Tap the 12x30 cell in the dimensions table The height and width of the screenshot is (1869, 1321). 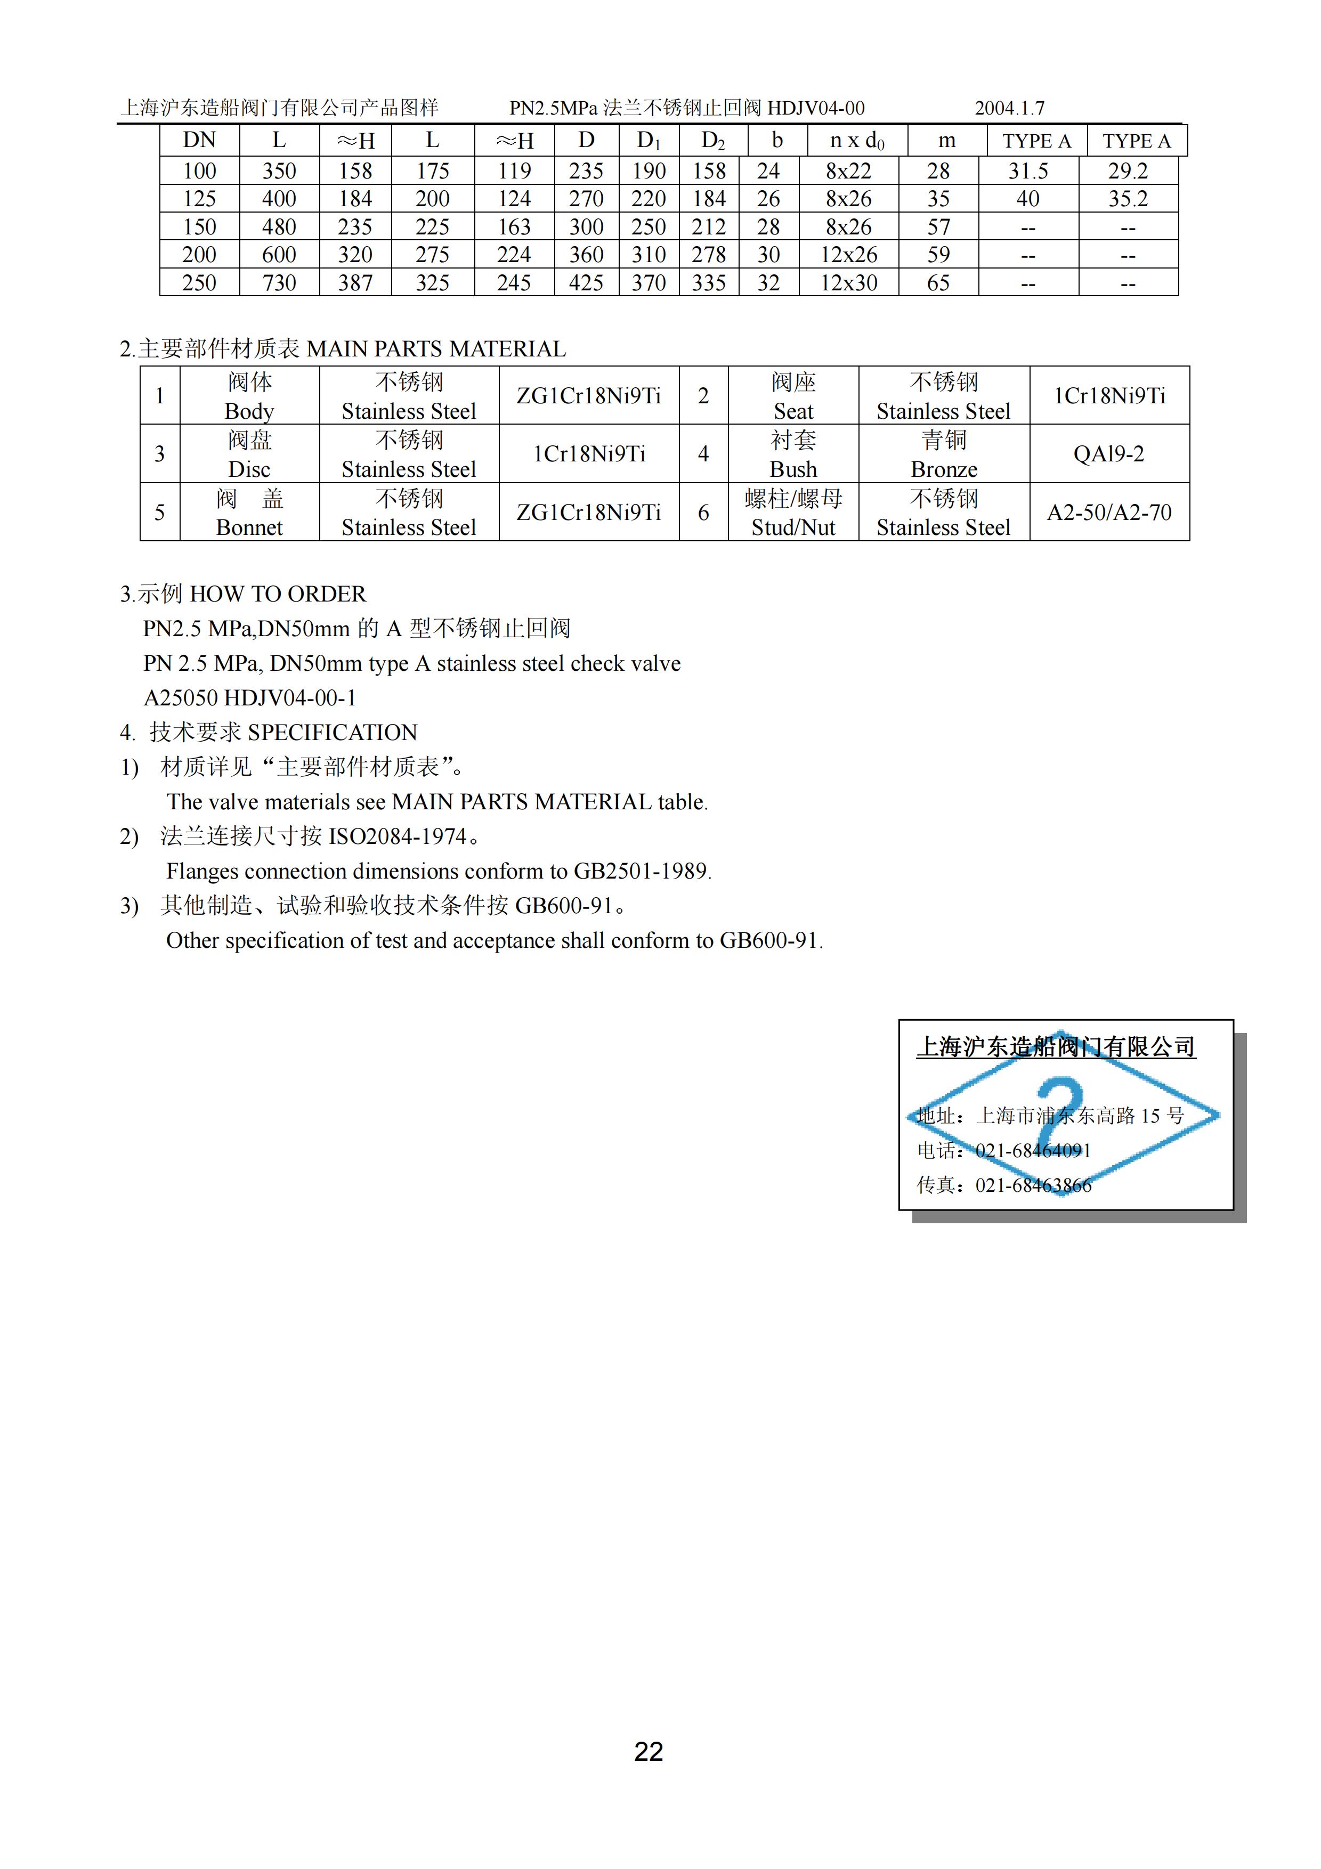pyautogui.click(x=848, y=283)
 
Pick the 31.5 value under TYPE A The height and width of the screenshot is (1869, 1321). pyautogui.click(x=1028, y=171)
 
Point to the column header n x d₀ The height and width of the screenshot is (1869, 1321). pyautogui.click(x=856, y=141)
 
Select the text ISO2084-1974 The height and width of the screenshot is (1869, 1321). pyautogui.click(x=397, y=837)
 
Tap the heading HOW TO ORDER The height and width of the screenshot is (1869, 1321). pyautogui.click(x=278, y=594)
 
